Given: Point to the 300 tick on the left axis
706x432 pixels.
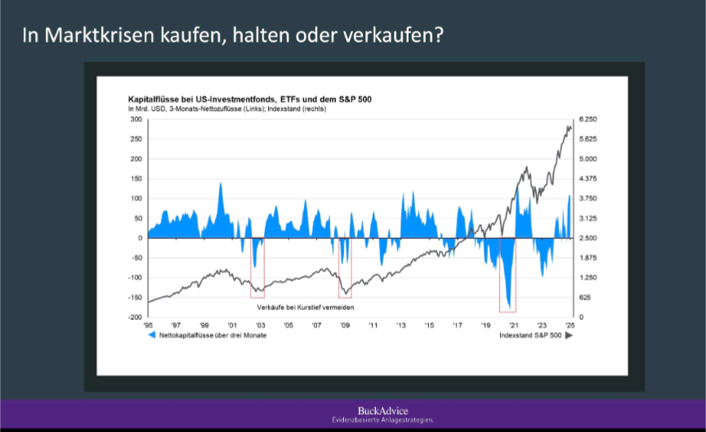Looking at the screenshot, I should tap(136, 119).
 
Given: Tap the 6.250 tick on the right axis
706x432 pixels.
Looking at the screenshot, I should tap(588, 119).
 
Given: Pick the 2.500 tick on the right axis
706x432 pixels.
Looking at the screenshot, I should tap(588, 238).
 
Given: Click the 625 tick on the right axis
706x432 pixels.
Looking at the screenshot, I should tap(584, 298).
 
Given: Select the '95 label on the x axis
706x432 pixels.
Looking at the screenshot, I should tap(148, 326).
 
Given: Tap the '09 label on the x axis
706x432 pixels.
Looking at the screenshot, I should tap(346, 326).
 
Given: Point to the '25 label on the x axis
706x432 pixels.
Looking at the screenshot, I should tap(570, 326).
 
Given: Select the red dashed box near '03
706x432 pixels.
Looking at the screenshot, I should tap(257, 268).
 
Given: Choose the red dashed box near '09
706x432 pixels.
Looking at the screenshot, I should tap(345, 268).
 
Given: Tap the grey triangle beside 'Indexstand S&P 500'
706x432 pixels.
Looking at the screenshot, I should tap(569, 335).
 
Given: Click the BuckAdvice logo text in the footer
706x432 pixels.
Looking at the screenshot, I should tap(382, 410).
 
